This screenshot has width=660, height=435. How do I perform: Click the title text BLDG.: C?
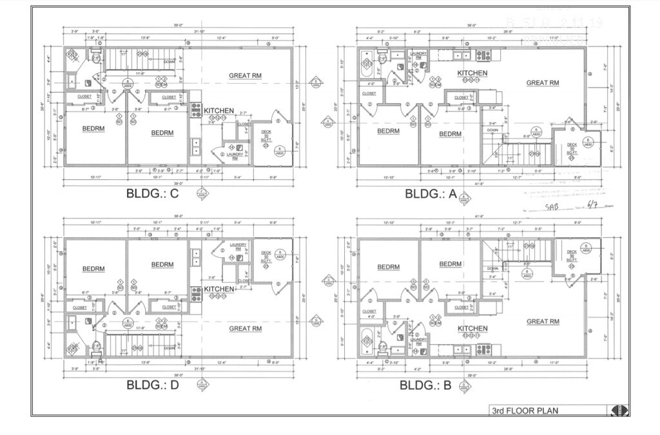tap(152, 193)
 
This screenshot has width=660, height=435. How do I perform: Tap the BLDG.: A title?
tap(432, 193)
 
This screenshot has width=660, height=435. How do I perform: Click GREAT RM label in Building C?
tap(245, 76)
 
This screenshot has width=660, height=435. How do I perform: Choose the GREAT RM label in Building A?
tap(542, 82)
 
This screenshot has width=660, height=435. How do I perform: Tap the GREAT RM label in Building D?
tap(245, 329)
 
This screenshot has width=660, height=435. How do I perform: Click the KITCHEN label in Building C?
tap(219, 111)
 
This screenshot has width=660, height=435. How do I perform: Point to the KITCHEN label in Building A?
tap(472, 73)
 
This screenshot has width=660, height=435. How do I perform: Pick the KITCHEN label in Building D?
tap(219, 289)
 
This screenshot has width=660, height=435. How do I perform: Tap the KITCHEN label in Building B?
tap(472, 329)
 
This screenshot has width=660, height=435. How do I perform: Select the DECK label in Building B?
tap(571, 252)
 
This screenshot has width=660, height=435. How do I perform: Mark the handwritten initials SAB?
tap(550, 207)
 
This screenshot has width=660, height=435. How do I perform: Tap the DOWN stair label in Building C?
tap(170, 62)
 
